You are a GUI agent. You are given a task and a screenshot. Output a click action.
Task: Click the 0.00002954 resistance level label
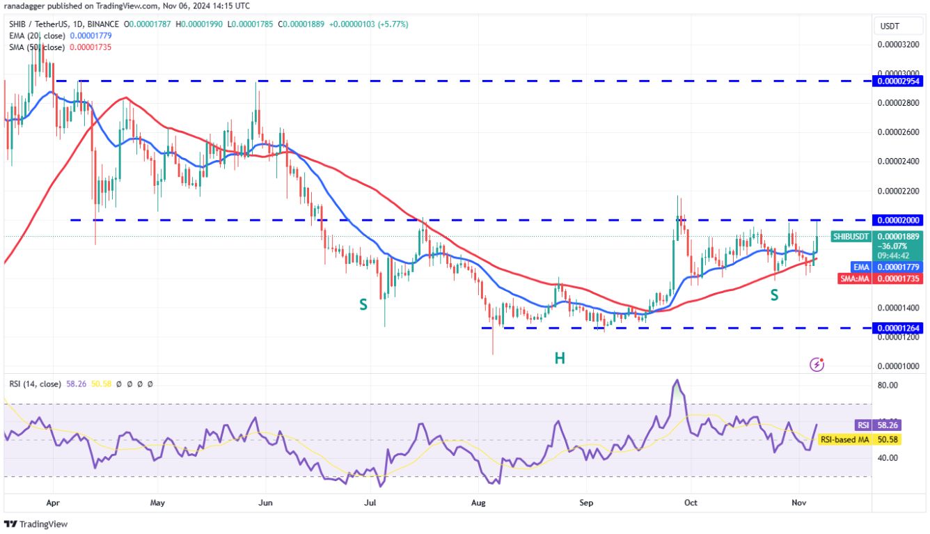point(899,81)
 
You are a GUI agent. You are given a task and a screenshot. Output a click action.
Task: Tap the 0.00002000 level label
point(899,220)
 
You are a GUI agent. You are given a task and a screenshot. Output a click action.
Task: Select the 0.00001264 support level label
point(899,327)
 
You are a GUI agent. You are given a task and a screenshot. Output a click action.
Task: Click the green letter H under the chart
point(560,358)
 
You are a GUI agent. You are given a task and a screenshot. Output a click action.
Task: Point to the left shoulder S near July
point(363,304)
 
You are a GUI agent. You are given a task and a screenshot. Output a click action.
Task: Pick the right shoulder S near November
point(774,295)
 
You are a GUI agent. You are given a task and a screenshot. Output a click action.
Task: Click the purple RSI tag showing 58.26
point(862,425)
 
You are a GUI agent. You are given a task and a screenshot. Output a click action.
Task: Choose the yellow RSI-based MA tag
point(843,439)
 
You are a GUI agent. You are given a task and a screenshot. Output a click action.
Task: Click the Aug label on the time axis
point(478,502)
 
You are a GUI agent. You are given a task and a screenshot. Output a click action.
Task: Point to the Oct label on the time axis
point(691,502)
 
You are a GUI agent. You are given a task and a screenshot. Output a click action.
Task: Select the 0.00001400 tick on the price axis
point(899,308)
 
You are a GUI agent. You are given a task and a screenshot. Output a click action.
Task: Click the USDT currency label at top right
point(890,26)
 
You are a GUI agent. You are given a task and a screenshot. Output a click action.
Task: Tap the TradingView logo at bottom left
point(36,524)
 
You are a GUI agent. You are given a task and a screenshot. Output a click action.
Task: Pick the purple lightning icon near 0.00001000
point(817,364)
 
